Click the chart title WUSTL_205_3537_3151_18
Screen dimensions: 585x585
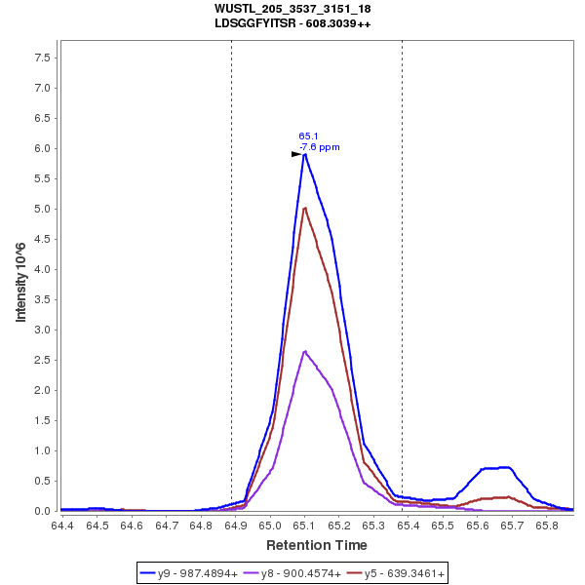[x=292, y=9]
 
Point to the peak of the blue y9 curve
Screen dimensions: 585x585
[x=305, y=154]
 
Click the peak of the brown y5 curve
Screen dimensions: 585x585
[x=305, y=208]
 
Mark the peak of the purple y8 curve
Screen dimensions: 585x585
[x=305, y=351]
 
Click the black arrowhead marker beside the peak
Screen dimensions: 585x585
[x=296, y=154]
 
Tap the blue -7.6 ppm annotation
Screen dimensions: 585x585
[x=320, y=147]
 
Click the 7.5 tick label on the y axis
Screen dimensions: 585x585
[x=43, y=58]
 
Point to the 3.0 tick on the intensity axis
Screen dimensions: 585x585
[x=43, y=330]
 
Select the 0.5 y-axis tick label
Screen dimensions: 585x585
[x=43, y=481]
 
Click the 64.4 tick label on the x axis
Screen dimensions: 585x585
[x=61, y=526]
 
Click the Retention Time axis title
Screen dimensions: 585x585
[x=317, y=545]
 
